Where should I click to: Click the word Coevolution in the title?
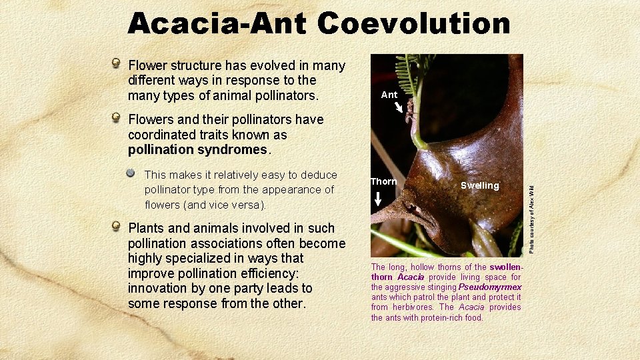(x=413, y=23)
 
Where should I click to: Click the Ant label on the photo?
(x=389, y=95)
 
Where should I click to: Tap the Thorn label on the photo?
(x=383, y=181)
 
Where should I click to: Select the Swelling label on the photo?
(x=479, y=185)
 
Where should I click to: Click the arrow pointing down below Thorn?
(x=378, y=199)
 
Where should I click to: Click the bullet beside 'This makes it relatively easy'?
(x=131, y=173)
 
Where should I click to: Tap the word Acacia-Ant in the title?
(x=217, y=23)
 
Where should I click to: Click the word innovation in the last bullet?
(x=159, y=289)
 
